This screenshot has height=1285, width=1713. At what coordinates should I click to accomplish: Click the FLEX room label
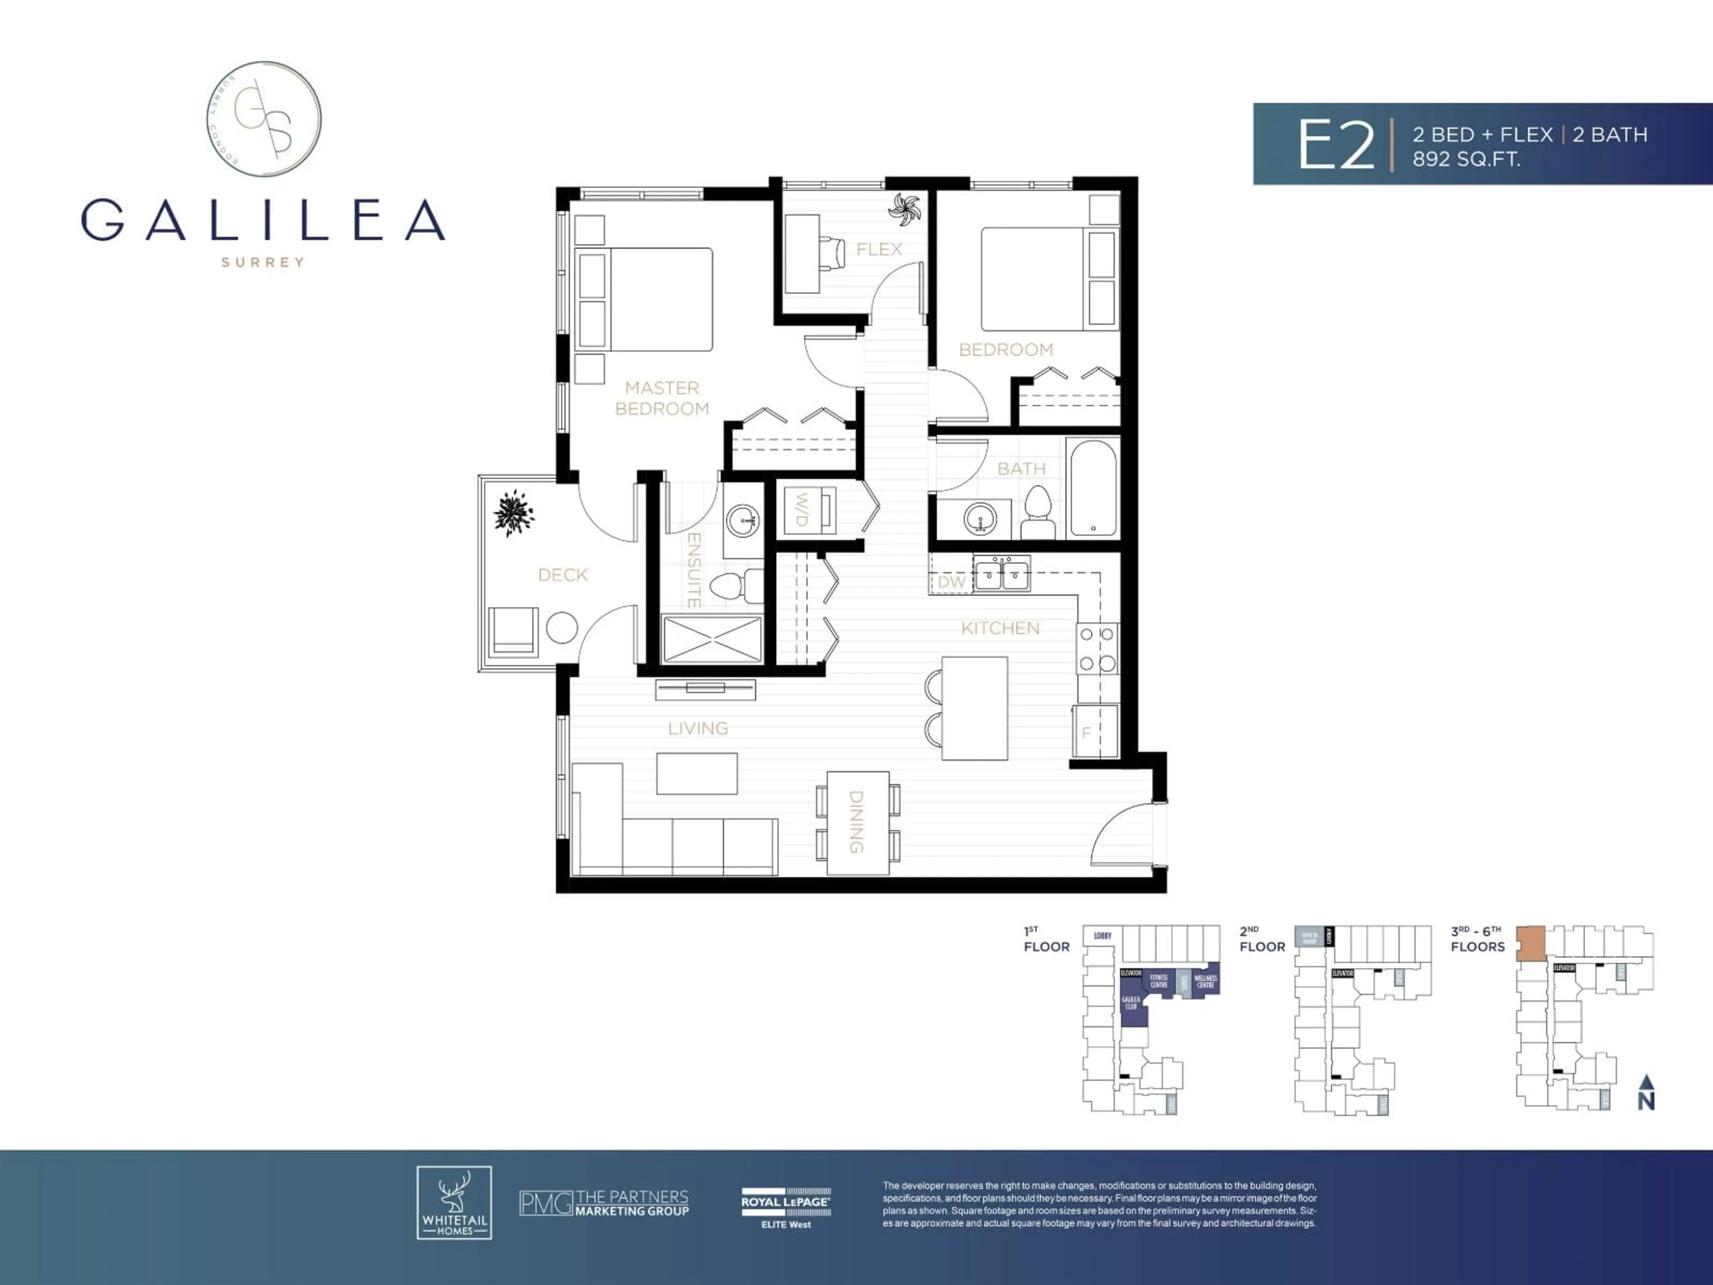pyautogui.click(x=878, y=249)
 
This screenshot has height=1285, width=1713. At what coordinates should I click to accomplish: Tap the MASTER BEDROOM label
pyautogui.click(x=662, y=398)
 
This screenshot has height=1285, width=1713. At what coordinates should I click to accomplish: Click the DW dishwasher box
pyautogui.click(x=951, y=582)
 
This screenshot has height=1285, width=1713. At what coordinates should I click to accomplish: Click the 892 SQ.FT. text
pyautogui.click(x=1466, y=160)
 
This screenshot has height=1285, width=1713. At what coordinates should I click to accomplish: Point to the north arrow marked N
pyautogui.click(x=1647, y=1094)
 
